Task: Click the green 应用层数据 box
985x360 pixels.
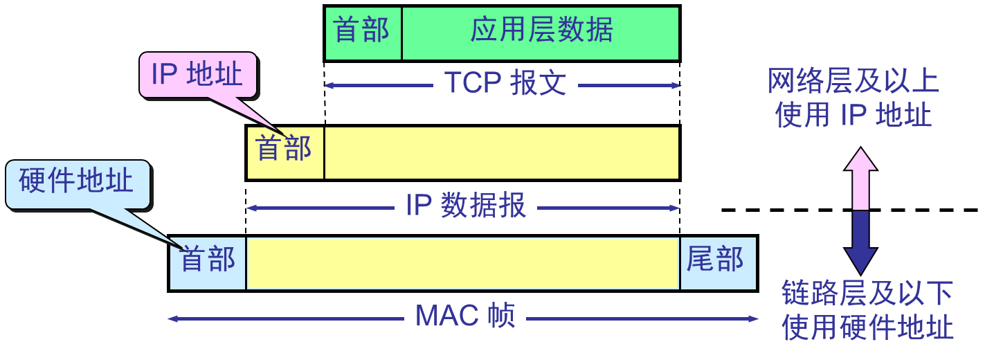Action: coord(541,32)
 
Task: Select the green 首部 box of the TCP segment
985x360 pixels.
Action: coord(363,32)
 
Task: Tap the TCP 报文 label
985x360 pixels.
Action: coord(505,84)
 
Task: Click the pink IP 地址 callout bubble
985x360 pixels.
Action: coord(197,74)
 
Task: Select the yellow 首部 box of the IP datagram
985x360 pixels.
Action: coord(284,152)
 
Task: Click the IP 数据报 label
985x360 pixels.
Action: coord(466,206)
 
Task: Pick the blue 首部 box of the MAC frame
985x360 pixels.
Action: coord(208,263)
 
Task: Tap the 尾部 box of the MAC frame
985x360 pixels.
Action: coord(717,263)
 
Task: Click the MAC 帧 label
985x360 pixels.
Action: coord(465,316)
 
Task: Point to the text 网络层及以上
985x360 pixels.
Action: coord(853,82)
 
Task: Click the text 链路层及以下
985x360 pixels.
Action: coord(867,294)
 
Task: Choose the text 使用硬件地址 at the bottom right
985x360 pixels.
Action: coord(867,327)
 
